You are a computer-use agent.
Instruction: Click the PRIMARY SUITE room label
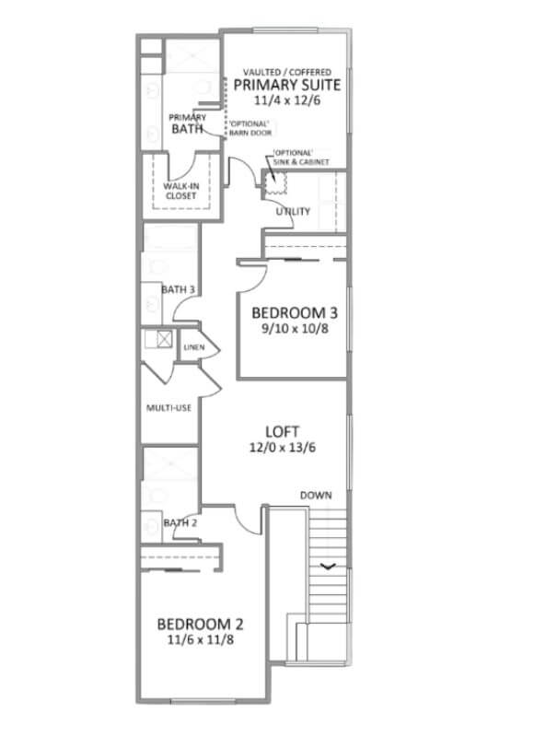[x=287, y=85]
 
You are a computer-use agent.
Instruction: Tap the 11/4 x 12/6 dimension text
[x=287, y=100]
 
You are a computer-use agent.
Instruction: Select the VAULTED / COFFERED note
[x=287, y=72]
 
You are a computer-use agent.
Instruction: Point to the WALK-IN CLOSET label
[x=180, y=191]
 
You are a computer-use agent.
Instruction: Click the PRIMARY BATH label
[x=188, y=123]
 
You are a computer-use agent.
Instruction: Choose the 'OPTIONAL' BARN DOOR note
[x=250, y=128]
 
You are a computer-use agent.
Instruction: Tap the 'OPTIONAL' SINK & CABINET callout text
[x=301, y=158]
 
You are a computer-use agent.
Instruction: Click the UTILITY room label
[x=293, y=212]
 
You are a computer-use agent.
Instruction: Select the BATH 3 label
[x=178, y=289]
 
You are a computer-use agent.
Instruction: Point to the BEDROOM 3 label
[x=295, y=313]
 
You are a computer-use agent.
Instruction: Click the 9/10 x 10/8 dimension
[x=295, y=329]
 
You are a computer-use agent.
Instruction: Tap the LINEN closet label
[x=194, y=347]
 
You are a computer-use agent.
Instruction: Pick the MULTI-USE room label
[x=169, y=408]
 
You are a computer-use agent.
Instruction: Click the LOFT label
[x=282, y=431]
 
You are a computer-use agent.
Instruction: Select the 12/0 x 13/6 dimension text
[x=283, y=447]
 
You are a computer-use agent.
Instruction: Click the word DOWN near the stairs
[x=316, y=496]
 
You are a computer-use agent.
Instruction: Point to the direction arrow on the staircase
[x=329, y=567]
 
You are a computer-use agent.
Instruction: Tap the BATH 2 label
[x=180, y=522]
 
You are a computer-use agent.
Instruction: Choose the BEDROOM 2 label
[x=200, y=625]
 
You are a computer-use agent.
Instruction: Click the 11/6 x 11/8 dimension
[x=201, y=639]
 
